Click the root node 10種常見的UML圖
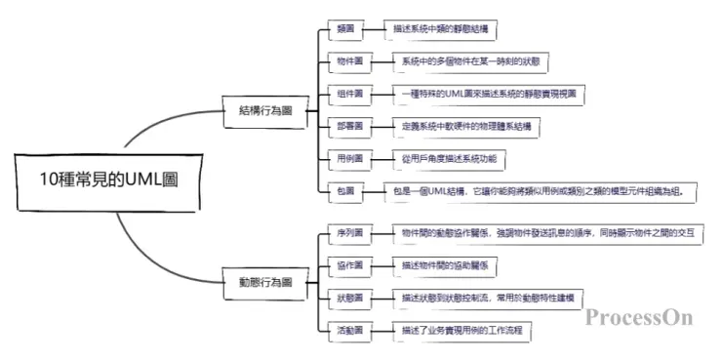[110, 179]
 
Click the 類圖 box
[345, 30]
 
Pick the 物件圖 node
[350, 62]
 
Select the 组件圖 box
[350, 95]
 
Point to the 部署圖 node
[350, 127]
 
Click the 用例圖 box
[350, 158]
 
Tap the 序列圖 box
[350, 233]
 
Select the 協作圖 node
[350, 265]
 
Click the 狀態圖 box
[350, 298]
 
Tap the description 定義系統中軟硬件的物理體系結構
[469, 127]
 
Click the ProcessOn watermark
[639, 316]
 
